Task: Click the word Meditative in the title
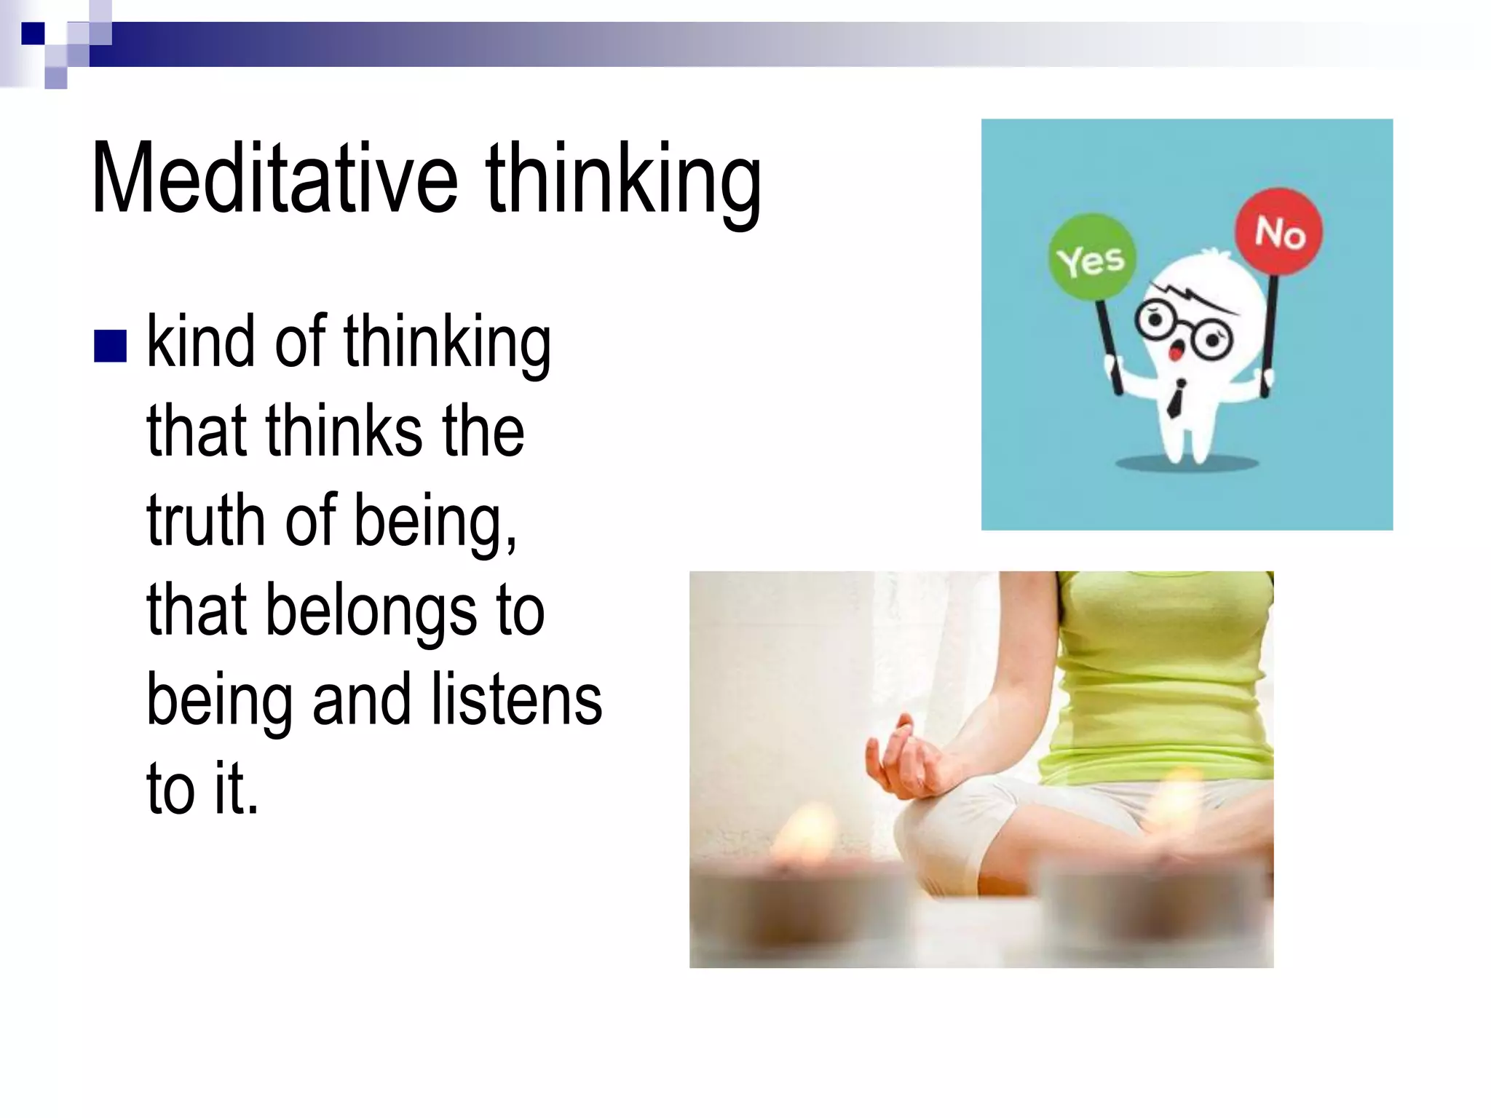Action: [x=274, y=178]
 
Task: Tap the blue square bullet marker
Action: [x=111, y=346]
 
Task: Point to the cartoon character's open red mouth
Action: [x=1174, y=352]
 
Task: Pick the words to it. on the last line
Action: [x=202, y=788]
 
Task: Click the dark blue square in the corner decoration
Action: [x=33, y=33]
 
